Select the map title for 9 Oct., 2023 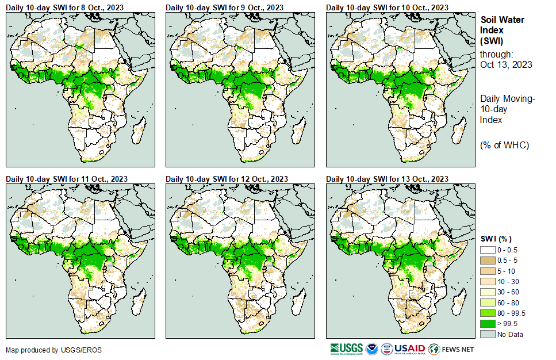[x=225, y=7]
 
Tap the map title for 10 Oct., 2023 [x=387, y=7]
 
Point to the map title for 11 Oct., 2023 [x=67, y=179]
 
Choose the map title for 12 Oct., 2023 [x=227, y=179]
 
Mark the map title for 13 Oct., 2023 [x=387, y=179]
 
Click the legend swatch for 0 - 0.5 [x=488, y=250]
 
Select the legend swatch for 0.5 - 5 [x=488, y=261]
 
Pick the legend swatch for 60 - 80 [x=488, y=302]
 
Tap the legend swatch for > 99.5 [x=488, y=324]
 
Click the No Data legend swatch [x=488, y=334]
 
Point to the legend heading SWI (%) [x=496, y=239]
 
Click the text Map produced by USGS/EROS [x=45, y=350]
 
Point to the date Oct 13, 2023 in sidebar [x=506, y=64]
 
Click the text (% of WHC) [x=504, y=145]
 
